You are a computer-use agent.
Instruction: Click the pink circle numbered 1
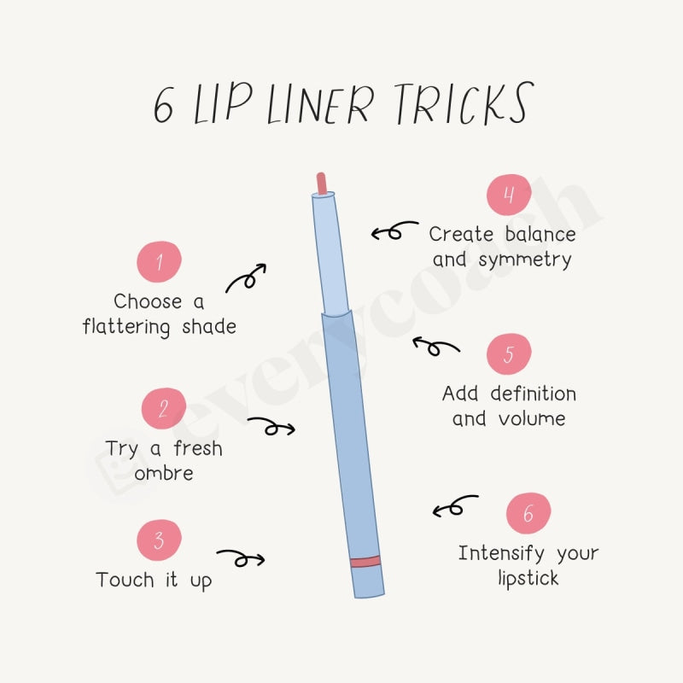click(x=159, y=261)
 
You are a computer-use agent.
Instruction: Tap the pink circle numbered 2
click(x=164, y=408)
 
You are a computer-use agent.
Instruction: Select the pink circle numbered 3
click(x=159, y=540)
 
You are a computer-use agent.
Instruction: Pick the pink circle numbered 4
click(x=509, y=196)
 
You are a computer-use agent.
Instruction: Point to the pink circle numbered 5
click(x=509, y=354)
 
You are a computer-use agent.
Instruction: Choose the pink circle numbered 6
click(x=528, y=514)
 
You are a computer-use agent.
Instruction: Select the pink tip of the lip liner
click(x=322, y=183)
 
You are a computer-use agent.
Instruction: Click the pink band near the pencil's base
click(x=365, y=561)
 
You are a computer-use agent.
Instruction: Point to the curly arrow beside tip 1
click(x=246, y=277)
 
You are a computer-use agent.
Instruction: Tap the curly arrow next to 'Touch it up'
click(x=241, y=558)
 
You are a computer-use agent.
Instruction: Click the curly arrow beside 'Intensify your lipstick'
click(x=455, y=507)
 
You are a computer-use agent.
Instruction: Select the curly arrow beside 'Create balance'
click(x=394, y=231)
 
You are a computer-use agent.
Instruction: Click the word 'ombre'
click(x=163, y=474)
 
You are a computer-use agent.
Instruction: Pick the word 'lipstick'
click(x=528, y=579)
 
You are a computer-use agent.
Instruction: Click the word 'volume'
click(x=533, y=418)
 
